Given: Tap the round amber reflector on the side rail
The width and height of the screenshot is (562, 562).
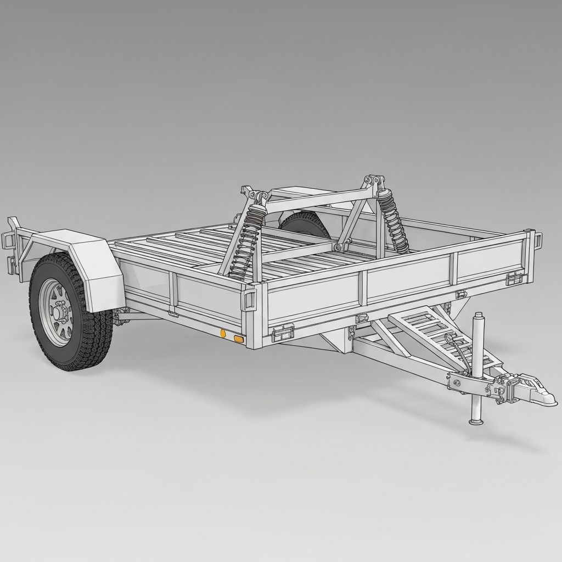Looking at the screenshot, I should click(x=223, y=333).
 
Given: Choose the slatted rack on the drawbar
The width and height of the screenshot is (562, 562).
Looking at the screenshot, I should click(x=434, y=335).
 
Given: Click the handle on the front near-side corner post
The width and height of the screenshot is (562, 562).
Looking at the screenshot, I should click(x=249, y=300).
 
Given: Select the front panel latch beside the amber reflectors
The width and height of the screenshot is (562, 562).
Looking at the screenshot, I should click(x=283, y=332).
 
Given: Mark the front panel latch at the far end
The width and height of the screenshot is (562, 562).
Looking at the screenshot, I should click(x=514, y=278).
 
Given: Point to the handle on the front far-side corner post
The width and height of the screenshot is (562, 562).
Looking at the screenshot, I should click(x=538, y=240).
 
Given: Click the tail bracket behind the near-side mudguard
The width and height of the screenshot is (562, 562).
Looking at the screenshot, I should click(x=12, y=247).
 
